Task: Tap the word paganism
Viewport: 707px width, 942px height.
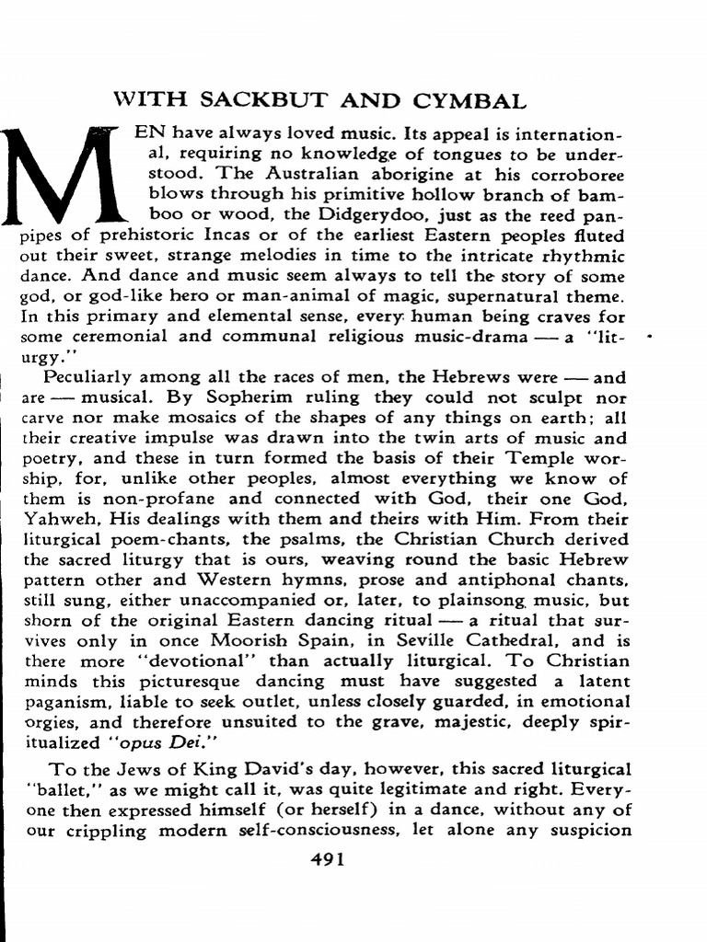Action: click(57, 702)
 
